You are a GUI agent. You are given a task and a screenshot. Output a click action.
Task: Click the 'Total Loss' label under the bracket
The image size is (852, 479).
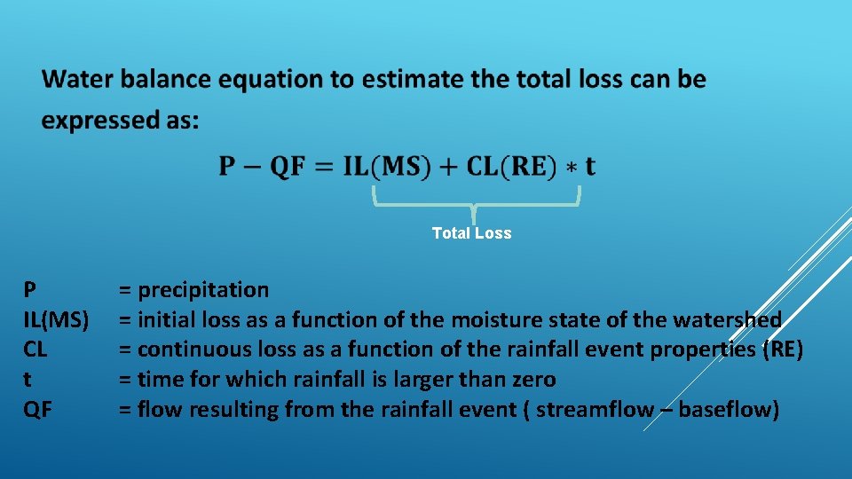click(471, 233)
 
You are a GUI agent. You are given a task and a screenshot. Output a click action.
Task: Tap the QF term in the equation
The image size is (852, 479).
click(287, 167)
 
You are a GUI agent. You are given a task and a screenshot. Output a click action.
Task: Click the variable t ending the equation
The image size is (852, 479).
click(590, 167)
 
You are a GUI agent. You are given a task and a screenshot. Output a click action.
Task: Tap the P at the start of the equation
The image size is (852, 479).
click(227, 167)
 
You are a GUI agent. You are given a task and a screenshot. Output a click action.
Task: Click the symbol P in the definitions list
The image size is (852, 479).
click(30, 290)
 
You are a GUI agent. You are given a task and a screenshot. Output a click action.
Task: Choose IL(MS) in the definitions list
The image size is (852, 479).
click(55, 320)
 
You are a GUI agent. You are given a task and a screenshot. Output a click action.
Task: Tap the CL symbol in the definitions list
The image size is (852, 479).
click(35, 350)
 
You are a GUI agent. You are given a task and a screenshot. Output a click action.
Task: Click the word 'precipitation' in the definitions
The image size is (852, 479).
click(203, 290)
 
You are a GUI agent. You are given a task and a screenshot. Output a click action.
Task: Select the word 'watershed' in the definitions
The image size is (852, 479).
click(728, 320)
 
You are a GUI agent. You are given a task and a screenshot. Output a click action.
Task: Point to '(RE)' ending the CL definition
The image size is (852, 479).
click(783, 350)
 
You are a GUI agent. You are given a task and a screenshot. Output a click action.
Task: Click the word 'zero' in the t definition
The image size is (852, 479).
click(532, 381)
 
